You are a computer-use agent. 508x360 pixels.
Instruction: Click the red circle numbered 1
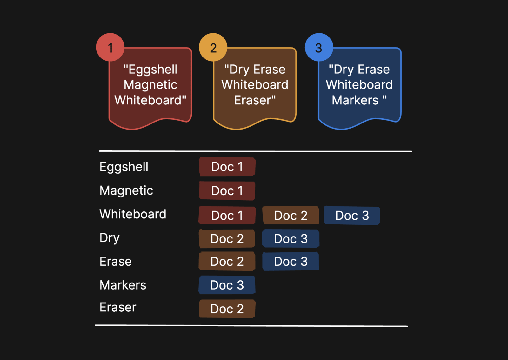[x=110, y=47]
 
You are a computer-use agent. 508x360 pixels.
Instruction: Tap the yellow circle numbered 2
[x=213, y=47]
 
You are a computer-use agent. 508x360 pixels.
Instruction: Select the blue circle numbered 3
[x=319, y=47]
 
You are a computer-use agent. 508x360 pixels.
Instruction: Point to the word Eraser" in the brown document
[x=255, y=100]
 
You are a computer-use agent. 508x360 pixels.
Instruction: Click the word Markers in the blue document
[x=355, y=100]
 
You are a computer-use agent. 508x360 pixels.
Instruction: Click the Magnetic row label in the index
[x=126, y=191]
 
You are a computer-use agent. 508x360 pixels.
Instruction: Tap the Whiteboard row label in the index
[x=133, y=214]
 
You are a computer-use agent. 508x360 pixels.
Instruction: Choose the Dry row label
[x=110, y=238]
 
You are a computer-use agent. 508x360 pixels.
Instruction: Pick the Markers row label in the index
[x=123, y=285]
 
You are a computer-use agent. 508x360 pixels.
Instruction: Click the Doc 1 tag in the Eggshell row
[x=227, y=167]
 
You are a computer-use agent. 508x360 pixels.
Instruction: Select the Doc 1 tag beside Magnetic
[x=227, y=191]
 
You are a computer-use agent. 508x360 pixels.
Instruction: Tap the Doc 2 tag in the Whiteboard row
[x=291, y=215]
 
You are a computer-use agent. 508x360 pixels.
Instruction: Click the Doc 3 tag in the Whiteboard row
[x=352, y=215]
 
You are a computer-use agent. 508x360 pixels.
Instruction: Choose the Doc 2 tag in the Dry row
[x=227, y=239]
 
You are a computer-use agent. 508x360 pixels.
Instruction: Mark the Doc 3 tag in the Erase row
[x=291, y=261]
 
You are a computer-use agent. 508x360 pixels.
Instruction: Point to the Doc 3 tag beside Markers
[x=227, y=285]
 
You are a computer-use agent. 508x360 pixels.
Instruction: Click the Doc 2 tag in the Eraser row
[x=227, y=309]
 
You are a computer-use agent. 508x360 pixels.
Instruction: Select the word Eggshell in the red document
[x=150, y=70]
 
